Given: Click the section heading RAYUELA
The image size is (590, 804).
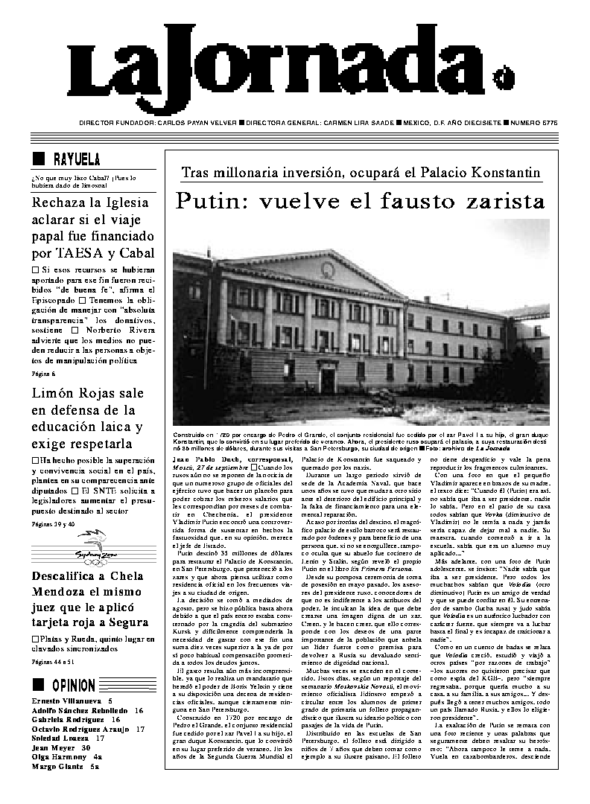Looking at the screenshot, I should click(x=77, y=160).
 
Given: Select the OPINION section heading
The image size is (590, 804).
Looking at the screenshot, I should click(x=74, y=686).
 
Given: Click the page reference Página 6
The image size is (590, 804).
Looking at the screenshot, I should click(x=43, y=373).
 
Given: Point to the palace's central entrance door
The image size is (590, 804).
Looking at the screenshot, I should click(x=328, y=380).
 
